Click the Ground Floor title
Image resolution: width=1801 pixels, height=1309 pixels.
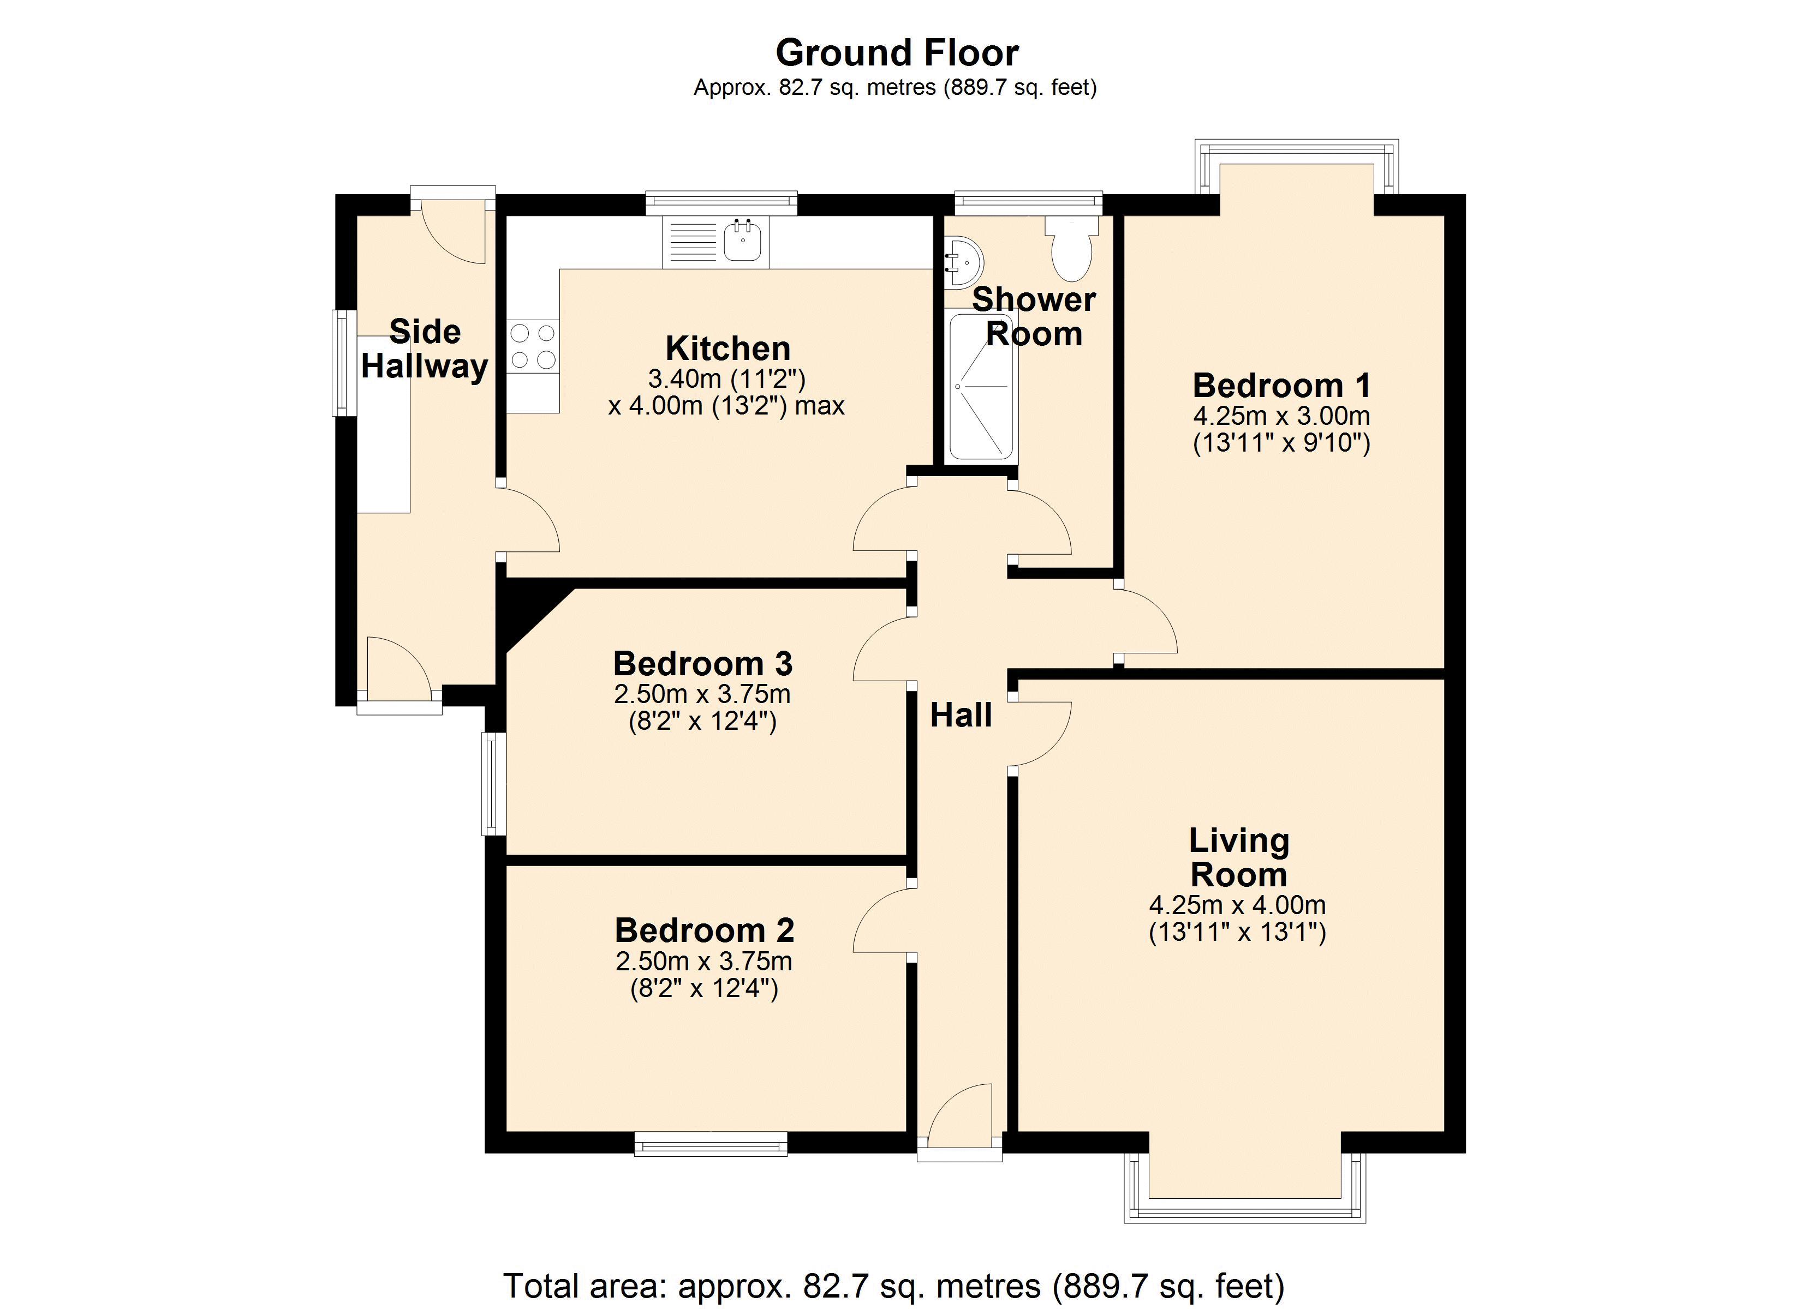(x=897, y=53)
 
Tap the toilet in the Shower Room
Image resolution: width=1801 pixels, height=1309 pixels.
(x=1071, y=246)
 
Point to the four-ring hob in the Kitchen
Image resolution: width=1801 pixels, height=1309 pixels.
(x=533, y=346)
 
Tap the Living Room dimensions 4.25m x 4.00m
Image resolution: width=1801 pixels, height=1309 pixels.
(x=1237, y=905)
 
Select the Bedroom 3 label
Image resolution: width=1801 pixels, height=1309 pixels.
(x=703, y=664)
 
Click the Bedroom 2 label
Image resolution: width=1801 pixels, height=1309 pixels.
(x=705, y=930)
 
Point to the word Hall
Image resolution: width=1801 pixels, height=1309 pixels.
(x=961, y=715)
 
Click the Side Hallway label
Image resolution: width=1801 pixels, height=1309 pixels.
(x=425, y=349)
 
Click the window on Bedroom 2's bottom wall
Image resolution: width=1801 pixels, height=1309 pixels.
(x=711, y=1144)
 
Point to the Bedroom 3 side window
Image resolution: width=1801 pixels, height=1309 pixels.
(x=494, y=784)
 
